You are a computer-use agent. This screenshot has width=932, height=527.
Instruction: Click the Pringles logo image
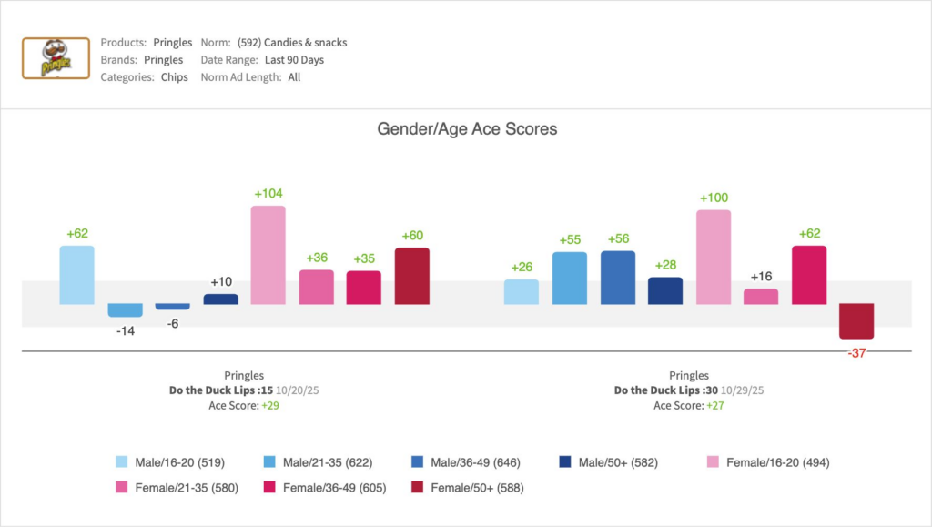click(x=56, y=59)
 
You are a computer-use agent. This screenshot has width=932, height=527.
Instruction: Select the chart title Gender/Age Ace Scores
click(x=467, y=129)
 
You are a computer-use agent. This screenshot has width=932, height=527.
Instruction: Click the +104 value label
click(x=268, y=194)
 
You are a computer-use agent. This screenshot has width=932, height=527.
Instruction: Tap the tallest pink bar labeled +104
click(x=268, y=255)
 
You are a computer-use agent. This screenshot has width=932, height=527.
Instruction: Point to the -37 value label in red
click(x=856, y=353)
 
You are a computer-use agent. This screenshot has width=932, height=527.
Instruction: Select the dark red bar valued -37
click(x=856, y=321)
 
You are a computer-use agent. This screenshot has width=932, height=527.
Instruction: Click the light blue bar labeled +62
click(x=77, y=274)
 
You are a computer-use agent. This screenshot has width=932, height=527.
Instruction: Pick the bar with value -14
click(x=126, y=310)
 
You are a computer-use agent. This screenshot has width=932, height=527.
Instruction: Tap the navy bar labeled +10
click(x=221, y=299)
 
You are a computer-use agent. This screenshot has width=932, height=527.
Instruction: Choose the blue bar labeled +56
click(x=618, y=277)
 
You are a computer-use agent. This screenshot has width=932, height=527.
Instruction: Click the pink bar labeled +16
click(x=761, y=297)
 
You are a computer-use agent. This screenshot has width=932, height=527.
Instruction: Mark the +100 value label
click(x=714, y=198)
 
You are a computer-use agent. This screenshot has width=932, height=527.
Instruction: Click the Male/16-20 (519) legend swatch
click(x=121, y=462)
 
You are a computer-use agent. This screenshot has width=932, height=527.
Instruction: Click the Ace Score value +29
click(x=269, y=406)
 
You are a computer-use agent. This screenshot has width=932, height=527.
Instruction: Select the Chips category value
click(x=175, y=77)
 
